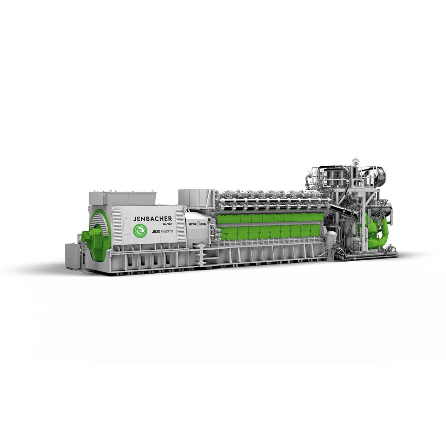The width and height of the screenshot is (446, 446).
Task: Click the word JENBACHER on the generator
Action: pyautogui.click(x=153, y=219)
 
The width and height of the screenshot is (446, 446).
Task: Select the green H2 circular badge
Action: pyautogui.click(x=140, y=230)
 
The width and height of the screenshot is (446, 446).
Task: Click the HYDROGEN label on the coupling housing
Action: pyautogui.click(x=197, y=224)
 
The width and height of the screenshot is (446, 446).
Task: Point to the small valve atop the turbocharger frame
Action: pyautogui.click(x=355, y=163)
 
